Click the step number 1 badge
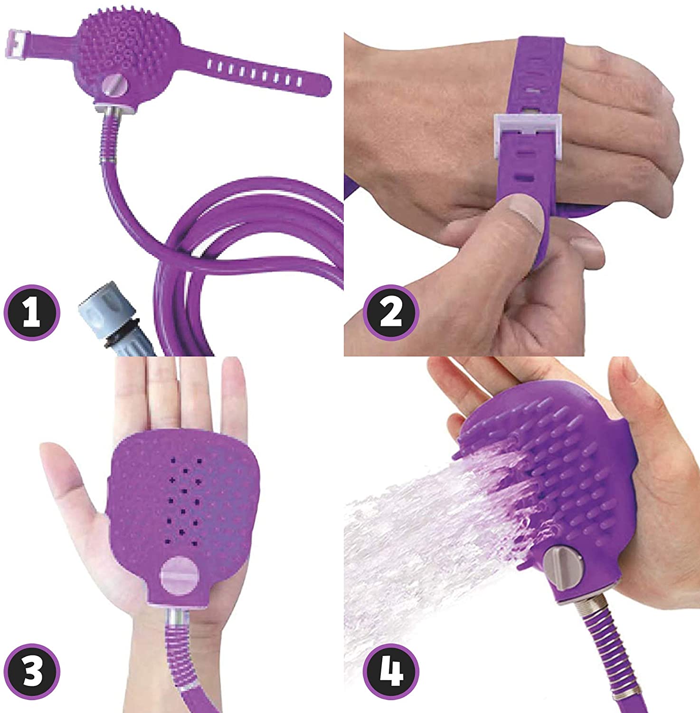coord(32,313)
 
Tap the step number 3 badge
coord(32,670)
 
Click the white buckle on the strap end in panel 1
coord(18,40)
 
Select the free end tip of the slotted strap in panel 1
coord(328,84)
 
